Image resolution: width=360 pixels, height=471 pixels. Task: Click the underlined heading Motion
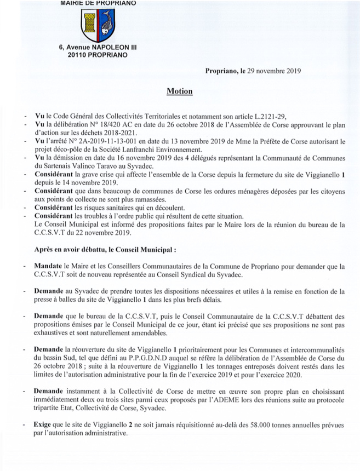[180, 90]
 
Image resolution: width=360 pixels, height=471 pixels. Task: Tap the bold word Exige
[44, 424]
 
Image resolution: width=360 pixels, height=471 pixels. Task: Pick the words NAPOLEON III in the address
[109, 48]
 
